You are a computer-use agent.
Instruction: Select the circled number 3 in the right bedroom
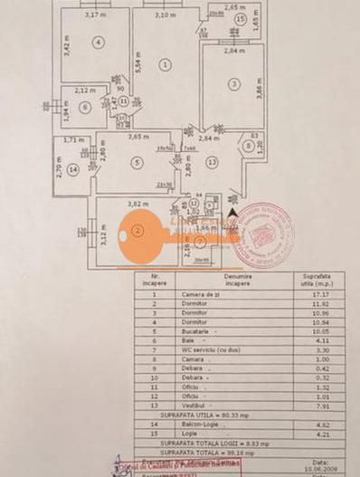click(x=233, y=84)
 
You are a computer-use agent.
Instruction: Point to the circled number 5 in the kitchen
click(x=137, y=162)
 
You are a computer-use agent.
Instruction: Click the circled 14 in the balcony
click(x=71, y=167)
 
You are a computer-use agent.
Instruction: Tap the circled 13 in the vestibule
click(x=212, y=162)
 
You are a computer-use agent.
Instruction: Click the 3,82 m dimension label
click(x=137, y=205)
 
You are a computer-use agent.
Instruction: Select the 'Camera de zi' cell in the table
click(x=224, y=294)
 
